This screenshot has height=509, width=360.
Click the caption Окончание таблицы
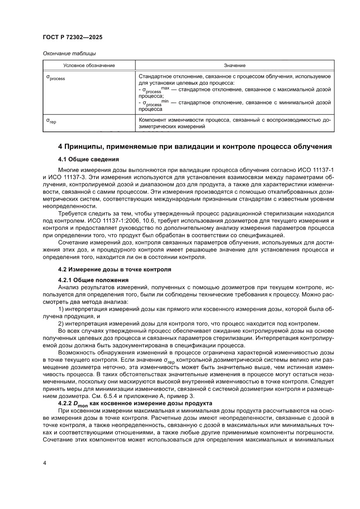tap(69, 54)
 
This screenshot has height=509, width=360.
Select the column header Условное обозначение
tap(89, 65)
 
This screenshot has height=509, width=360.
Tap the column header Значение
tap(235, 65)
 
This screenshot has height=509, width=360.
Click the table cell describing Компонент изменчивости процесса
tap(235, 123)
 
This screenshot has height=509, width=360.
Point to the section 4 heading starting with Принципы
tap(195, 147)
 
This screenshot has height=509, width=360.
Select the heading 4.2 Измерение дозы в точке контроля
tap(114, 270)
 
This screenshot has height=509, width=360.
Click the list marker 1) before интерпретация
tap(61, 309)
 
